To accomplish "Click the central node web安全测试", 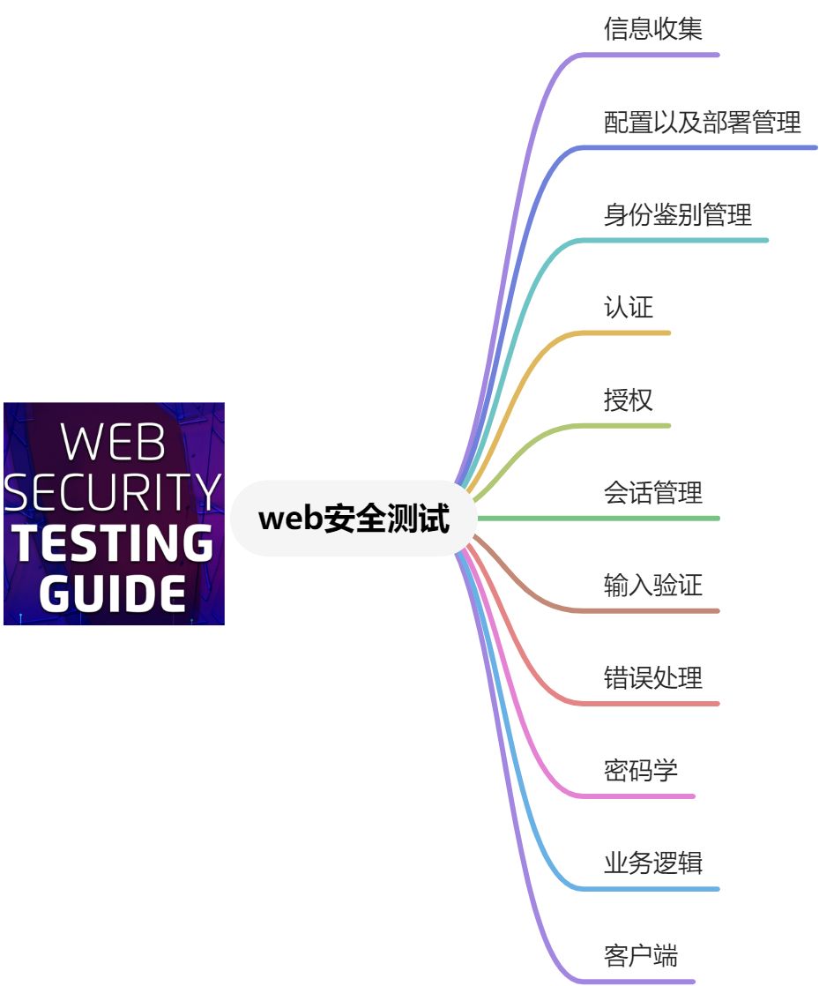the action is (354, 519).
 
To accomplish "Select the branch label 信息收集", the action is (652, 29).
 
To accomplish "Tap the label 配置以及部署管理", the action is (702, 122).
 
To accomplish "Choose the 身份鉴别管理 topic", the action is (677, 214).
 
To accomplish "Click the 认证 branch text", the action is (628, 307).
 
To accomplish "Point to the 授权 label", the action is (628, 400).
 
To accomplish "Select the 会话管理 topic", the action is (652, 493).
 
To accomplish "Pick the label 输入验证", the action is (652, 586).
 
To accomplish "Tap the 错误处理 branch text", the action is (652, 678).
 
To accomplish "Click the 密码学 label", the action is (640, 771).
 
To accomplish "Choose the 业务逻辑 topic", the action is (652, 863).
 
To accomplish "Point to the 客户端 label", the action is (640, 956).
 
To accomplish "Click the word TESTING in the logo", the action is (115, 544).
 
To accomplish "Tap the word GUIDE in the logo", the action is (113, 594).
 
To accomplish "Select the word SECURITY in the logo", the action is (114, 492).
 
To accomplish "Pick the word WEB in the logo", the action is (115, 444).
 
